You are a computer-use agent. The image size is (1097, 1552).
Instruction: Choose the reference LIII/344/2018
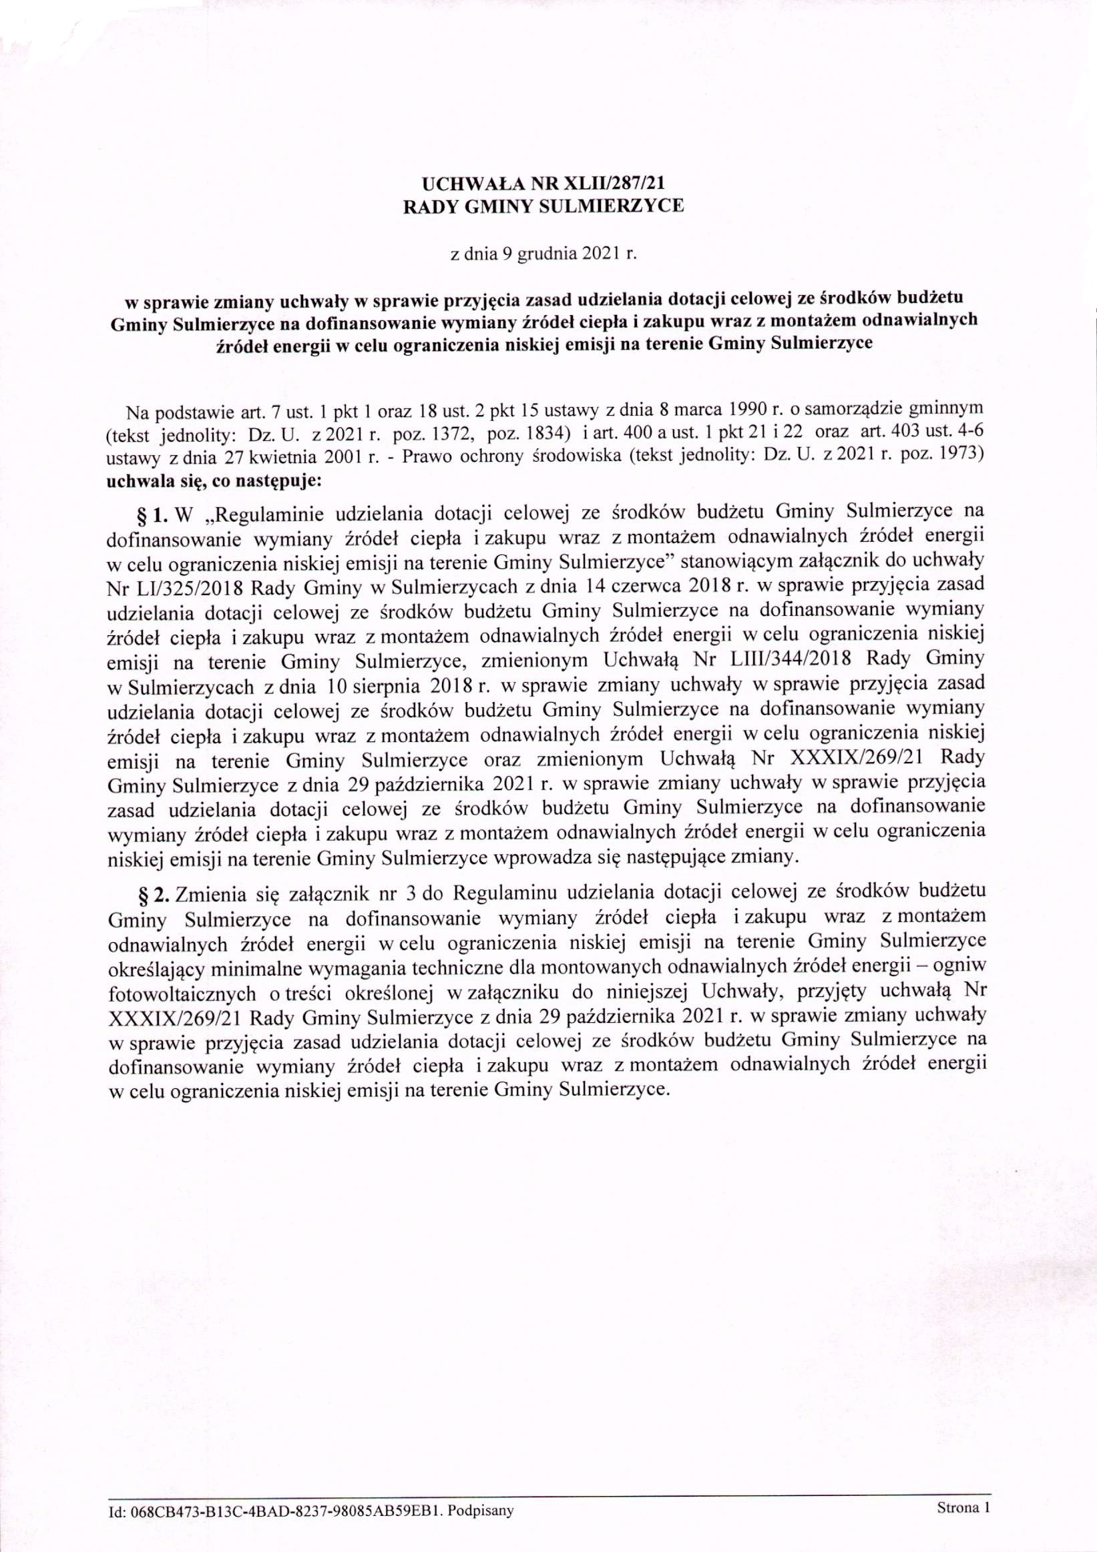click(805, 658)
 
